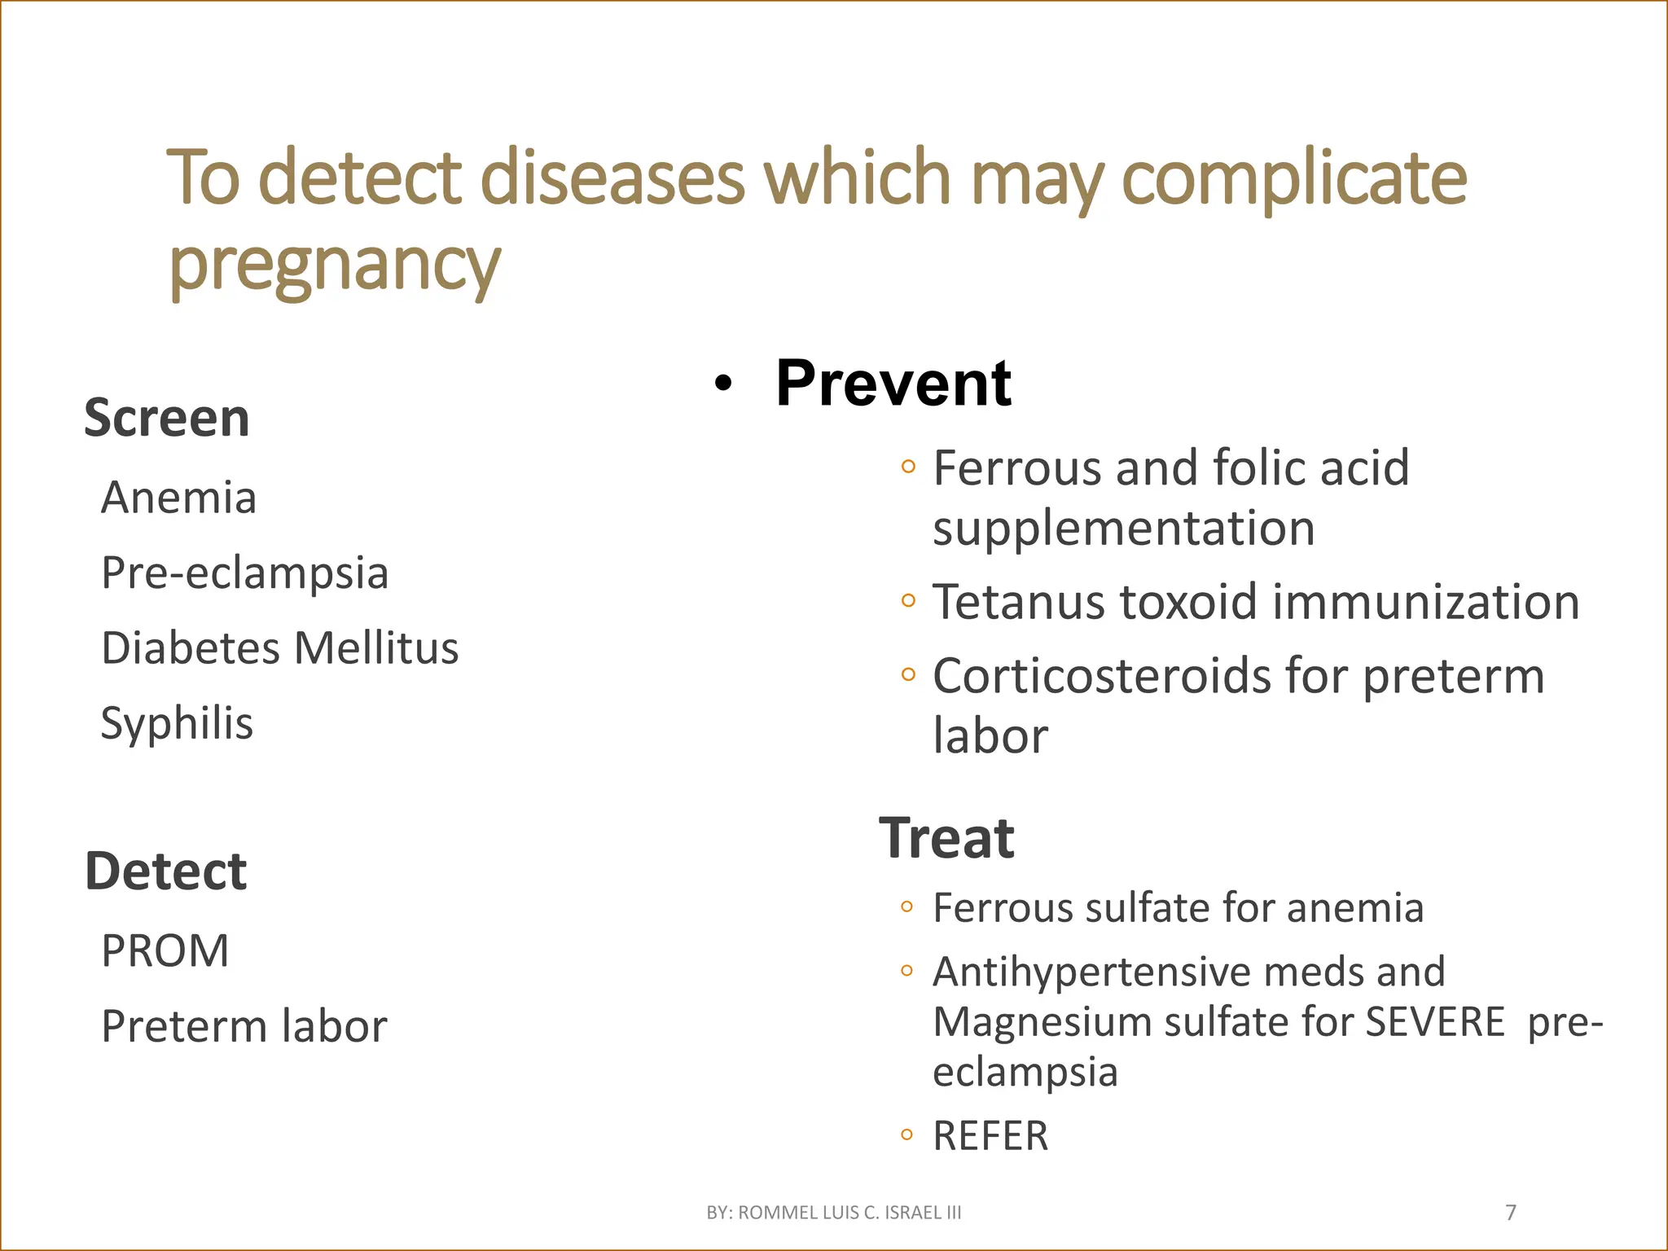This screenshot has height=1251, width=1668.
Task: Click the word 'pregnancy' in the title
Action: [x=334, y=265]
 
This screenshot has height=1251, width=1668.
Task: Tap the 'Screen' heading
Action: [x=167, y=418]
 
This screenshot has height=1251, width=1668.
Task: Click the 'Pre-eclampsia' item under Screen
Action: [x=244, y=573]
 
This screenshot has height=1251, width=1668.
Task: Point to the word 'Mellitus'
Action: [x=376, y=647]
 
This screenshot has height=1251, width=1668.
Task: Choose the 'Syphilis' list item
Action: [x=177, y=723]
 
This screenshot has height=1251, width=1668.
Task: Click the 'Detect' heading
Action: [x=165, y=871]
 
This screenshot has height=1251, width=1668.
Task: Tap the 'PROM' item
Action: [x=165, y=950]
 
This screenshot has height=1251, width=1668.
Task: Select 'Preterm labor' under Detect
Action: [x=244, y=1025]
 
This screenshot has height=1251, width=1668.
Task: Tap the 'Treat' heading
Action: [x=946, y=838]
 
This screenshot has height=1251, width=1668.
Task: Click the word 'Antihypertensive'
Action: [x=1091, y=972]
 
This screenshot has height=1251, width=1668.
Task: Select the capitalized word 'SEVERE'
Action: [x=1435, y=1021]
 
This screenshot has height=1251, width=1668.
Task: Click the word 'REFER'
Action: [x=990, y=1136]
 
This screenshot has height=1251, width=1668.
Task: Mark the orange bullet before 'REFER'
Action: [x=906, y=1135]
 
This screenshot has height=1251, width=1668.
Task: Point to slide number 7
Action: [x=1511, y=1213]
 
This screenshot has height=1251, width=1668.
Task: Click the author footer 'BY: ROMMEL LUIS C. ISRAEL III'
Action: [x=834, y=1213]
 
